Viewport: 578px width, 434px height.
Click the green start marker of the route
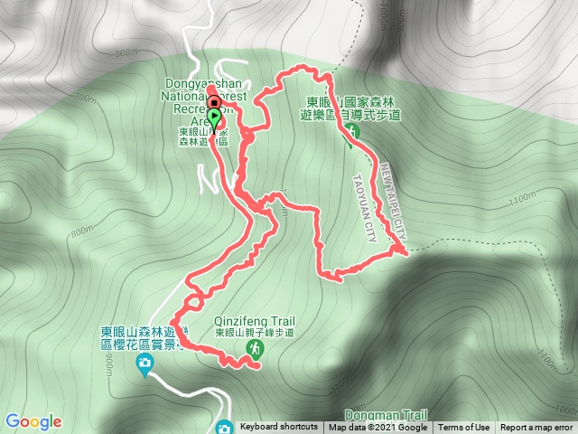pyautogui.click(x=214, y=117)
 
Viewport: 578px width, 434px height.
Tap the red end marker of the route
pyautogui.click(x=213, y=101)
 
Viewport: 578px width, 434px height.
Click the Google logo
pyautogui.click(x=33, y=421)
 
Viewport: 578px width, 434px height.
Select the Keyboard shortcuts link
pyautogui.click(x=279, y=427)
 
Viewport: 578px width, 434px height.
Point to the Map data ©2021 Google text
pyautogui.click(x=378, y=428)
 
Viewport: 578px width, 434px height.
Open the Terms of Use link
pyautogui.click(x=464, y=428)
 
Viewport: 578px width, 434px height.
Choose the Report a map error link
pyautogui.click(x=536, y=428)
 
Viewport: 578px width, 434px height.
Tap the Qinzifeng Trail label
pyautogui.click(x=255, y=320)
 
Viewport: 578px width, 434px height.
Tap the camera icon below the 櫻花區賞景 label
pyautogui.click(x=144, y=364)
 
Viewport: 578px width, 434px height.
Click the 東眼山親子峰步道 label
pyautogui.click(x=255, y=333)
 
